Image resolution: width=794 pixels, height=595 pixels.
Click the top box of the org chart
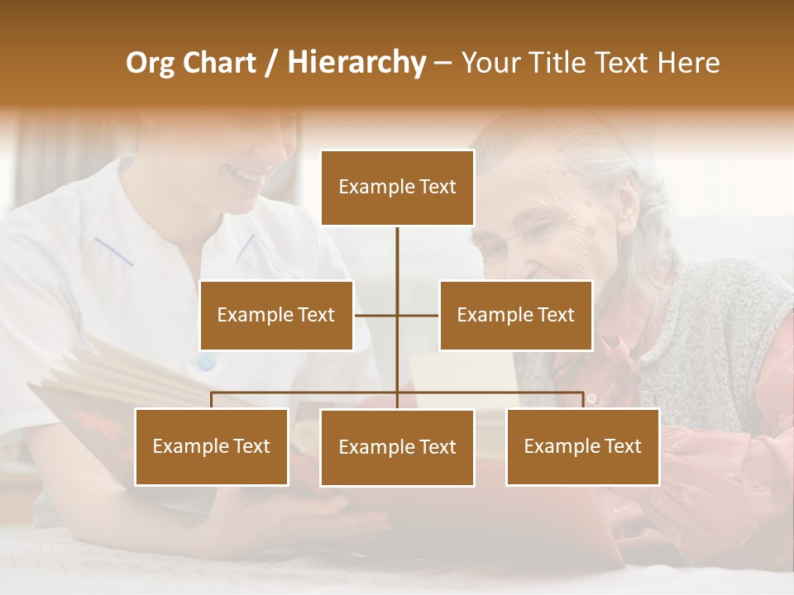[x=397, y=188]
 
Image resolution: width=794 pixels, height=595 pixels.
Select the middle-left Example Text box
[x=276, y=315]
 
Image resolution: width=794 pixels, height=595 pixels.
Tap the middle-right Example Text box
[x=515, y=315]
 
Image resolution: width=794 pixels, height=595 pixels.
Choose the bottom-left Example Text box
[x=211, y=446]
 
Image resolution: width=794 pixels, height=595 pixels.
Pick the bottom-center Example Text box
[x=397, y=447]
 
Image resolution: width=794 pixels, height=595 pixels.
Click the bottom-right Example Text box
[x=582, y=446]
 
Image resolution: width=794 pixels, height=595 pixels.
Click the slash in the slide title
[x=270, y=63]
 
